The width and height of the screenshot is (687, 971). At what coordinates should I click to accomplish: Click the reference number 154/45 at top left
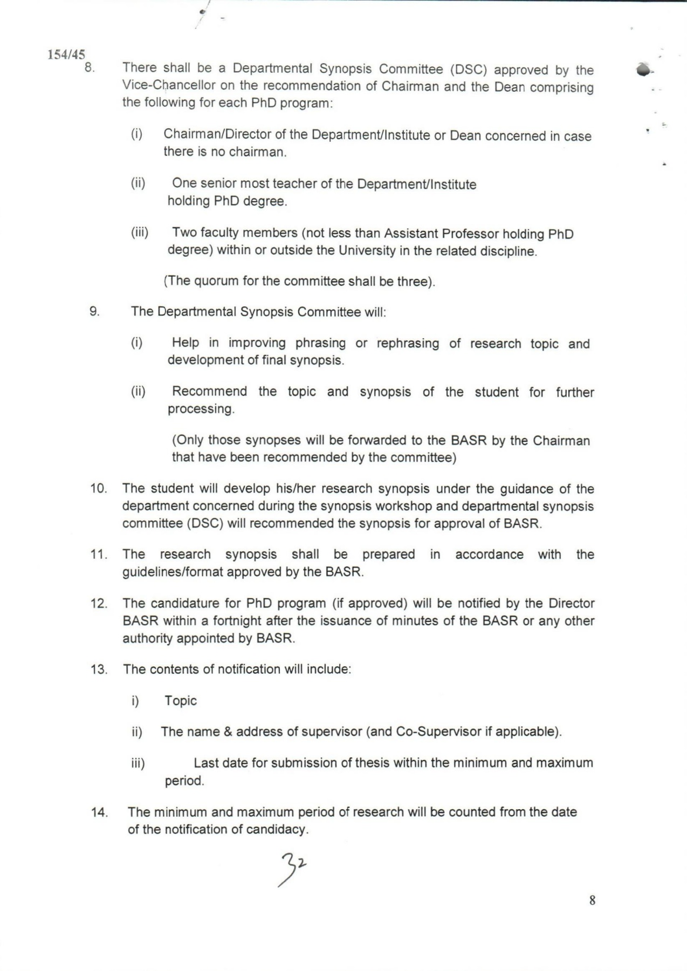(x=66, y=54)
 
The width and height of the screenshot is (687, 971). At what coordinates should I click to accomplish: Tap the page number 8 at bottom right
(x=592, y=900)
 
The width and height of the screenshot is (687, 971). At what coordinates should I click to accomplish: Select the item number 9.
(x=94, y=311)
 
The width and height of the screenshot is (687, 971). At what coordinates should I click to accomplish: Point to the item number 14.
(x=99, y=812)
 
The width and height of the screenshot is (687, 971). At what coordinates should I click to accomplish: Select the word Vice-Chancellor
(x=169, y=85)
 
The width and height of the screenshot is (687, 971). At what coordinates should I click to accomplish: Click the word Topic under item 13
(x=181, y=701)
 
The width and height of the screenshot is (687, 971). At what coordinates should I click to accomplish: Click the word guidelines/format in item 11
(x=173, y=572)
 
